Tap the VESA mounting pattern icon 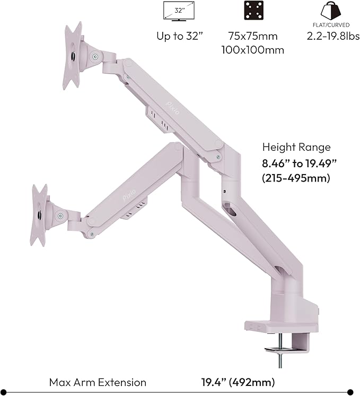pyautogui.click(x=254, y=11)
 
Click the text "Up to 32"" pyautogui.click(x=180, y=37)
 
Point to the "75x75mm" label pyautogui.click(x=252, y=37)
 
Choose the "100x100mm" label pyautogui.click(x=252, y=50)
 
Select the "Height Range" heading pyautogui.click(x=296, y=148)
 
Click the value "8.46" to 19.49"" pyautogui.click(x=296, y=163)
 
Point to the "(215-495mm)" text pyautogui.click(x=296, y=178)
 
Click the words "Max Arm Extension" pyautogui.click(x=98, y=382)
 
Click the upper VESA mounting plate pyautogui.click(x=73, y=54)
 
